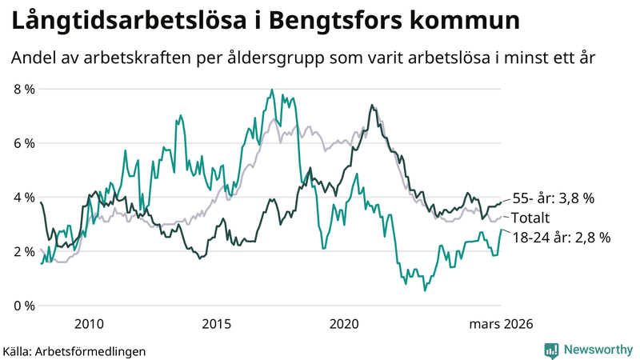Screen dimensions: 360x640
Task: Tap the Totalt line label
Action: [x=531, y=218]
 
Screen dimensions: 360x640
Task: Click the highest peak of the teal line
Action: [x=272, y=90]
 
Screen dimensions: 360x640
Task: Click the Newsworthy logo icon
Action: [x=551, y=350]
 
